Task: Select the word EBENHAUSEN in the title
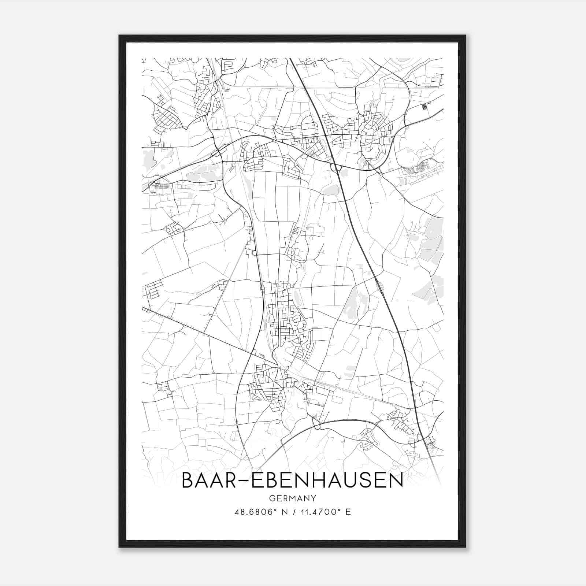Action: (x=325, y=481)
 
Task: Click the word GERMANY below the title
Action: (x=293, y=498)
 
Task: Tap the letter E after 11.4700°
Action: (x=348, y=512)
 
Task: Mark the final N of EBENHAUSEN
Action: (x=396, y=481)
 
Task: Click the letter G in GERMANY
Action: (x=271, y=498)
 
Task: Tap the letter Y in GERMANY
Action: (x=314, y=498)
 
